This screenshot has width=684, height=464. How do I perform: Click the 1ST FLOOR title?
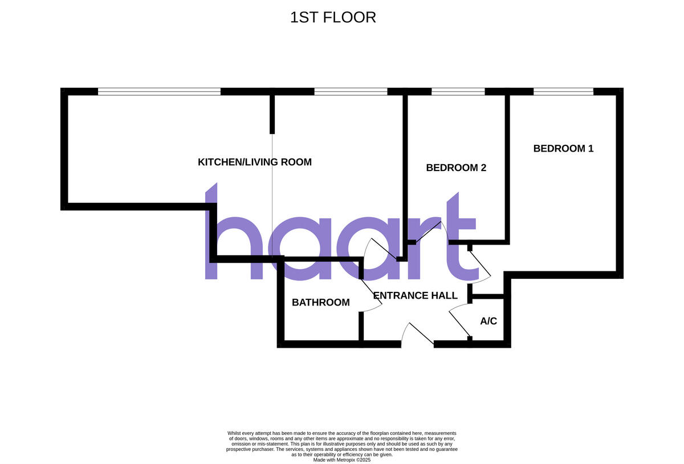[x=333, y=18]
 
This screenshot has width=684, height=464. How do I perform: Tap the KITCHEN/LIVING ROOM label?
[x=254, y=162]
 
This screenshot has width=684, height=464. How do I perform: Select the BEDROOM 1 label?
[x=563, y=149]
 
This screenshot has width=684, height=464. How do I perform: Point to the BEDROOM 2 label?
[x=456, y=168]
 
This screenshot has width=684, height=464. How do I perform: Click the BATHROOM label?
[x=320, y=303]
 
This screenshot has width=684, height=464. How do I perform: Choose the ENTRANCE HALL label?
[x=415, y=296]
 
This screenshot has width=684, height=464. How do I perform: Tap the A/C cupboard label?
[x=488, y=321]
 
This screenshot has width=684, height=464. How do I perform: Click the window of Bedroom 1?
[x=563, y=91]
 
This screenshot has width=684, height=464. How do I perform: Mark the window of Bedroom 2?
[x=458, y=91]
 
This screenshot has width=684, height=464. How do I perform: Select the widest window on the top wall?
[x=159, y=91]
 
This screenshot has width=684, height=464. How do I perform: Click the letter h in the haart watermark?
[x=228, y=239]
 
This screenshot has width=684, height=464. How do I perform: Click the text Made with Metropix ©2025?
[x=342, y=459]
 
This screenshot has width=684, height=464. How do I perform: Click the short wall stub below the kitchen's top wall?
[x=272, y=114]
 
